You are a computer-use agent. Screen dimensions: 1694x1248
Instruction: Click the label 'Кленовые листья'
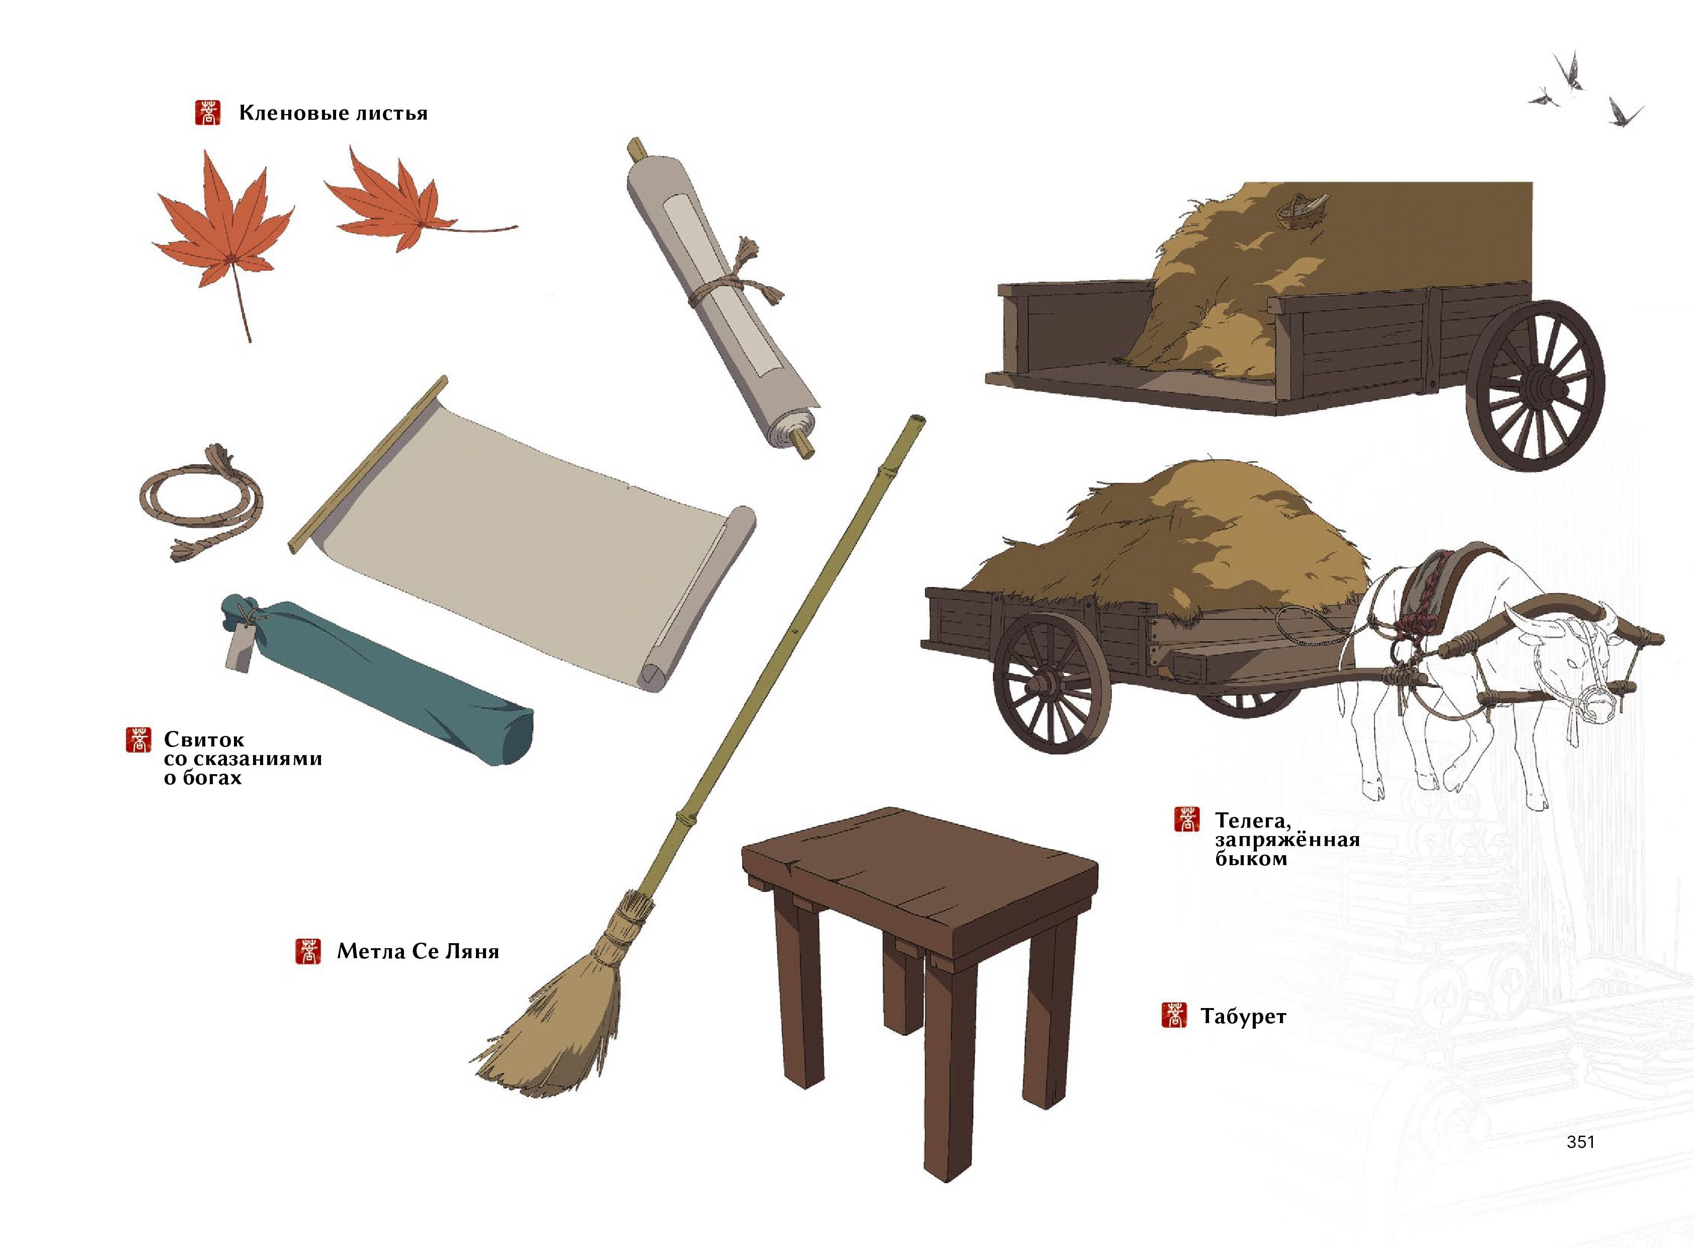pyautogui.click(x=333, y=113)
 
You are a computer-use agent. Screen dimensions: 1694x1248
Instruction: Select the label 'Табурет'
pyautogui.click(x=1243, y=1017)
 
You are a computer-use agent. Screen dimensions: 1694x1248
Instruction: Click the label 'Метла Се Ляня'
pyautogui.click(x=418, y=951)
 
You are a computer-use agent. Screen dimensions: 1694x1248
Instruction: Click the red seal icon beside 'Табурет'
pyautogui.click(x=1173, y=1015)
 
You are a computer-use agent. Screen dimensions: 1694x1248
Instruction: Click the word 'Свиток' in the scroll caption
pyautogui.click(x=204, y=739)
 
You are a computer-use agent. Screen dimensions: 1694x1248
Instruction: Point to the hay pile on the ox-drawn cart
pyautogui.click(x=1171, y=544)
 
